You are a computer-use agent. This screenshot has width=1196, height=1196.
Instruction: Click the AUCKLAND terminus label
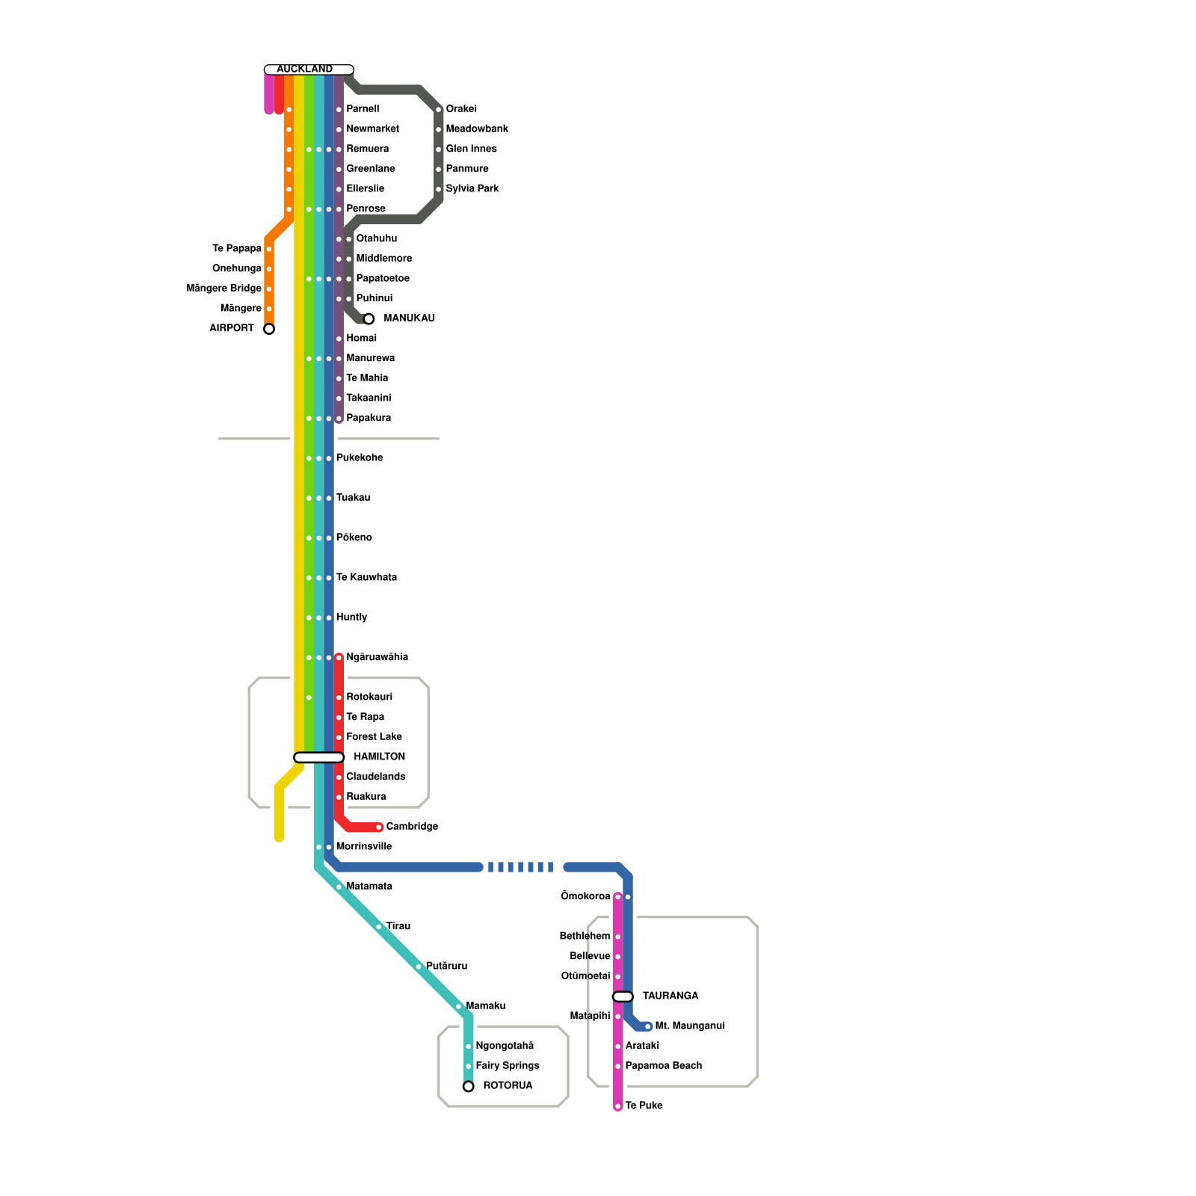point(305,70)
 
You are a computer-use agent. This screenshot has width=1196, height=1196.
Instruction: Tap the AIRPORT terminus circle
point(269,329)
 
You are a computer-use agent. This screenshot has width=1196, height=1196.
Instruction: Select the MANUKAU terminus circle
point(369,319)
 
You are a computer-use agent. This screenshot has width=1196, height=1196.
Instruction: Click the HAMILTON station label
point(379,756)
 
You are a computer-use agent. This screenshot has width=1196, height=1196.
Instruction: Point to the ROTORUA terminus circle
point(468,1086)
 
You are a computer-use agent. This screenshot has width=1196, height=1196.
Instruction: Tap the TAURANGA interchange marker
point(623,996)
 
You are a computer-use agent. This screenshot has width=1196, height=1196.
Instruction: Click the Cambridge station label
point(412,826)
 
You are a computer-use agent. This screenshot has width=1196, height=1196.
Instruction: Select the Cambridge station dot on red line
point(379,827)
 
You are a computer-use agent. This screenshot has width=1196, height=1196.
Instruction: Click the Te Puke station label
point(644,1106)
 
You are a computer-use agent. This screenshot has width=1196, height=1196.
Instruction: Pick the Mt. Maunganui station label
point(690,1026)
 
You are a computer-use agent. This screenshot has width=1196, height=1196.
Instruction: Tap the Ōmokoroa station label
point(585,896)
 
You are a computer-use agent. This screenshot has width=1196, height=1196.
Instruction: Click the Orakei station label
point(461,109)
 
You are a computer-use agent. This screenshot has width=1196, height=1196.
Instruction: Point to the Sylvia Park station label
point(472,188)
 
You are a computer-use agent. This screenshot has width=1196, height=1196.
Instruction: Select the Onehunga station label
point(237,268)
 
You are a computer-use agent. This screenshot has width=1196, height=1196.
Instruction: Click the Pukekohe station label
point(360,457)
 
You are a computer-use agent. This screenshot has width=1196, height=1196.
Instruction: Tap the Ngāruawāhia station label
point(377,657)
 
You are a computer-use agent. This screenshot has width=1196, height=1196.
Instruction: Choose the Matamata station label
point(369,886)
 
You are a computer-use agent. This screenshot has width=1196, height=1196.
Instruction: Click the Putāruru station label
point(446,966)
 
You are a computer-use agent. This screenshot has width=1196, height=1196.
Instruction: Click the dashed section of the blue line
point(523,867)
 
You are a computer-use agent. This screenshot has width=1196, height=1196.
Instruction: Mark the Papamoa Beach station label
point(663,1065)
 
